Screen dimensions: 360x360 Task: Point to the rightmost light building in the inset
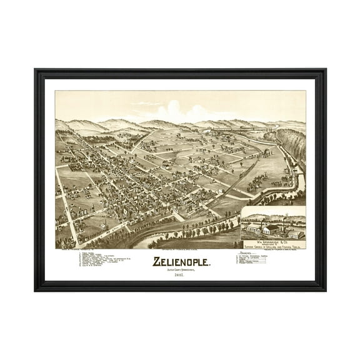click(x=296, y=234)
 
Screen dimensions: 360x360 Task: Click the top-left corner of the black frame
click(x=36, y=71)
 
